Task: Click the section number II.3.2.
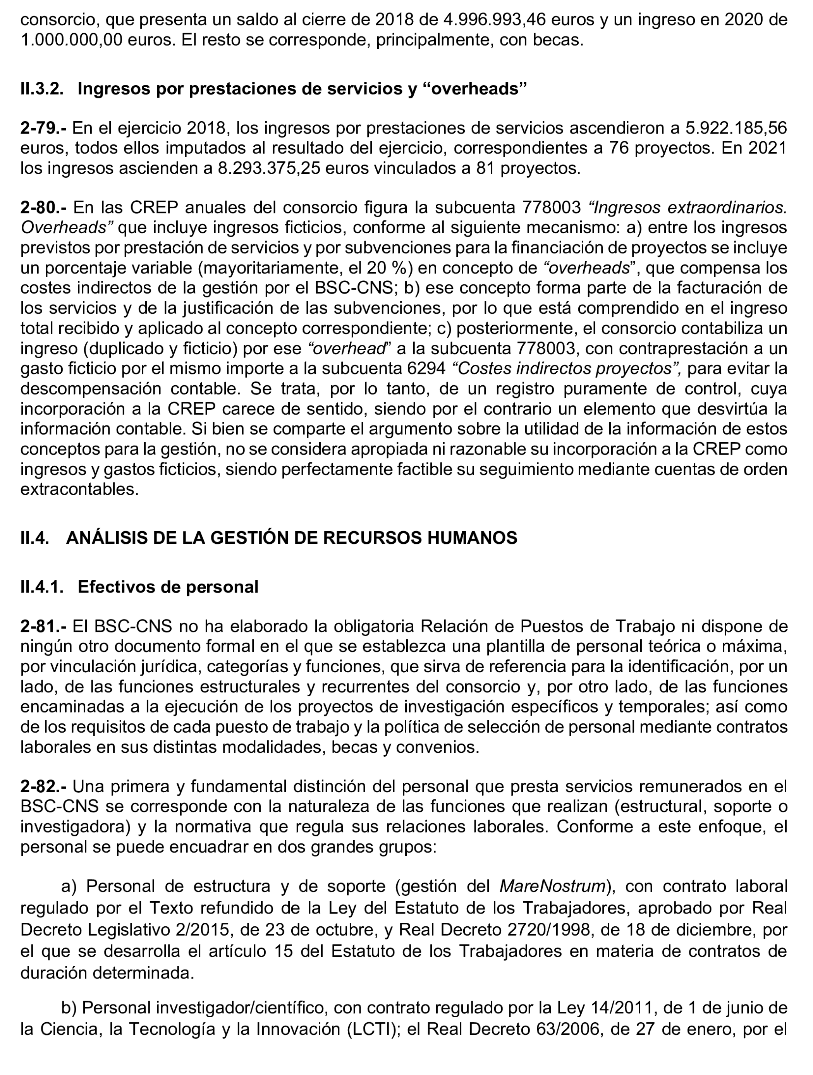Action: (x=42, y=89)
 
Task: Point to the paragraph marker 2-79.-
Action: (x=43, y=128)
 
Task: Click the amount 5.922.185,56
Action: (x=736, y=128)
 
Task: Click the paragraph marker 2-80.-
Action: (x=44, y=208)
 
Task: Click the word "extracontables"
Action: (x=79, y=489)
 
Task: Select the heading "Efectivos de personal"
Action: (x=168, y=587)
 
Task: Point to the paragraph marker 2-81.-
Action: (x=43, y=627)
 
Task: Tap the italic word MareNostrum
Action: (x=553, y=886)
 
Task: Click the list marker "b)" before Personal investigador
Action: (x=70, y=1008)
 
